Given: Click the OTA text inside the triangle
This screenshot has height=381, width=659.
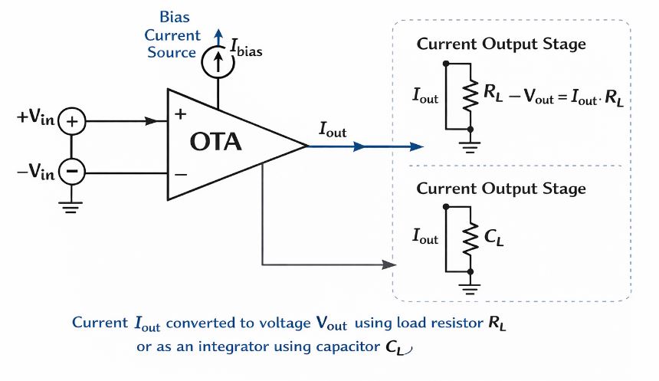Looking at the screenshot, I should tap(215, 142).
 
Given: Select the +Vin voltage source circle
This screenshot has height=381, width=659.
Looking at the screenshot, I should tap(72, 121).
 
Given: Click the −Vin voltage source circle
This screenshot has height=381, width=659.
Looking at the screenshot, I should tap(72, 171).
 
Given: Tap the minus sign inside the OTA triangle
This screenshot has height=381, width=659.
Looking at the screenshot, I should tap(182, 175).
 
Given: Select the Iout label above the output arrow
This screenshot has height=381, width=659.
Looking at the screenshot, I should tap(332, 131).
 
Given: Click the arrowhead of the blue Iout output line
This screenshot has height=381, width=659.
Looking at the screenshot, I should tap(416, 146).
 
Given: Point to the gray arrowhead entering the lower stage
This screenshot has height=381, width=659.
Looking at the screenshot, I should tap(389, 265).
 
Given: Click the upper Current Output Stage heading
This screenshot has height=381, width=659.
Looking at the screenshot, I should tap(500, 44).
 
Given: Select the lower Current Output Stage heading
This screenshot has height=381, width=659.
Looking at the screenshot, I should tap(500, 188).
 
